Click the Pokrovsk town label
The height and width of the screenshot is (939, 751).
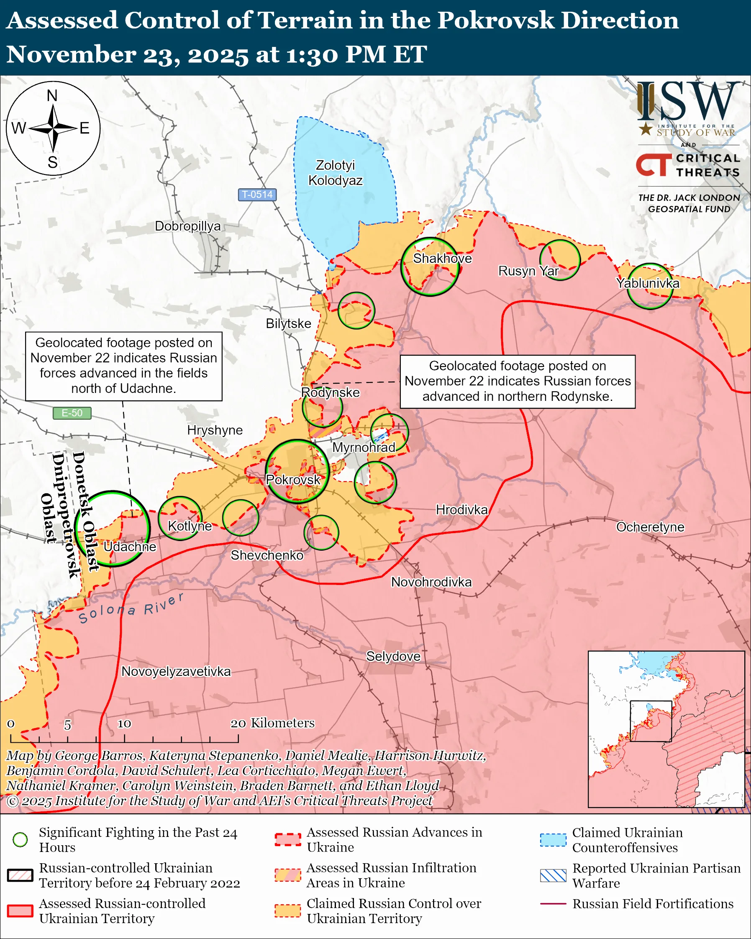tap(293, 480)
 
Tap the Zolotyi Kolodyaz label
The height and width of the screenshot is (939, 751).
tap(335, 172)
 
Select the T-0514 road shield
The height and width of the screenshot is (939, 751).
tap(257, 194)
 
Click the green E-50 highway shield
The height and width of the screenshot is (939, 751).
tap(72, 413)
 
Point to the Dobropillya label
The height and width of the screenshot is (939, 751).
tap(187, 226)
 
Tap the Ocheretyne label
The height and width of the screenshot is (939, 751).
tap(650, 527)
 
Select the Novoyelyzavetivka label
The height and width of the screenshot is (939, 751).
tap(176, 671)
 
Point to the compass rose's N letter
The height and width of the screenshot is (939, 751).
tap(52, 95)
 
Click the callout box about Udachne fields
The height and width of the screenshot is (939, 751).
tap(124, 366)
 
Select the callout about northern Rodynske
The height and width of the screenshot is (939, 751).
tap(517, 382)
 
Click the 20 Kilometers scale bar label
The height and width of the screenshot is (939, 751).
tap(272, 723)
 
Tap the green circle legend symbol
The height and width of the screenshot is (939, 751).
tap(20, 839)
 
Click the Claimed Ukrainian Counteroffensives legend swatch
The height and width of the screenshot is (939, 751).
tap(553, 840)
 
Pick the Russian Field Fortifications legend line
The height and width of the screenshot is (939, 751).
tap(553, 904)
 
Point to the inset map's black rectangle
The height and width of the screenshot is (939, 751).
tap(651, 721)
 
